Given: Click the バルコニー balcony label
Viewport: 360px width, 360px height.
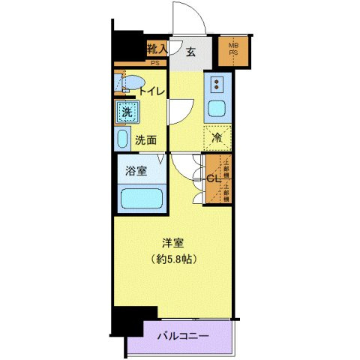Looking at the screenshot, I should pos(182,337).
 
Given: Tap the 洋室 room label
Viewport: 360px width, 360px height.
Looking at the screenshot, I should pos(173,242).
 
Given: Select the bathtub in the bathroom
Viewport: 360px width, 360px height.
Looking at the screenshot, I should pos(142,199).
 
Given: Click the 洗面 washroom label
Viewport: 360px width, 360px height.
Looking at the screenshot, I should pos(145,139).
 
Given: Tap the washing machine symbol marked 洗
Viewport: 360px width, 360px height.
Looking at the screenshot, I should pos(125,113).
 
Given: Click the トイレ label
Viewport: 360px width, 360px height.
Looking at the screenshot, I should pos(154,91).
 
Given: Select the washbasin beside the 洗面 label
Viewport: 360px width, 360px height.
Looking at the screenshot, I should pos(122,139).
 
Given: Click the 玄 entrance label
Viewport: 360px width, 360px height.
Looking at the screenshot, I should pos(191,52).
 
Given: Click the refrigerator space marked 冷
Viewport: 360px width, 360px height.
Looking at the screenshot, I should pos(217,137).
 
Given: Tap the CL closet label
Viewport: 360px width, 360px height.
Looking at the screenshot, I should pos(212,178).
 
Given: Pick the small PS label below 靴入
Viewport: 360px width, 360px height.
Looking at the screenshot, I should pos(155,63).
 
